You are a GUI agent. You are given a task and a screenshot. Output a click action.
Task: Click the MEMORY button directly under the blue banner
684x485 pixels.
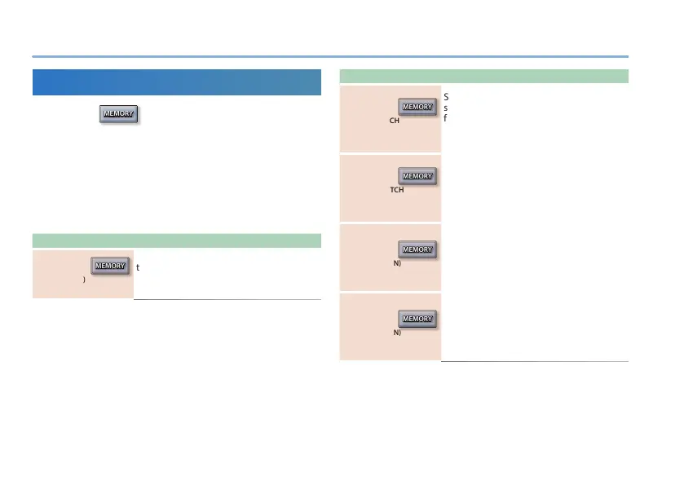pyautogui.click(x=118, y=114)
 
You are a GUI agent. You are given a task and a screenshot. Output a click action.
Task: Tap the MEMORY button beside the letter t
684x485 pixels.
pyautogui.click(x=110, y=266)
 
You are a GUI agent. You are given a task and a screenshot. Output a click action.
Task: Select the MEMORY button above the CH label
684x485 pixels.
pyautogui.click(x=417, y=108)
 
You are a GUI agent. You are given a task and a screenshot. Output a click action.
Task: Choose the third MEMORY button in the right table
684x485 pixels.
pyautogui.click(x=417, y=249)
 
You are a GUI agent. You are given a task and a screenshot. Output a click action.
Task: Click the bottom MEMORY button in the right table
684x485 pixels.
pyautogui.click(x=417, y=319)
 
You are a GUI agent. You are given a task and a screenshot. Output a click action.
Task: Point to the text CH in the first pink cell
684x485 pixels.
pyautogui.click(x=395, y=119)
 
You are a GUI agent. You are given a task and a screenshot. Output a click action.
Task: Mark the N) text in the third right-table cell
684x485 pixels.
pyautogui.click(x=397, y=262)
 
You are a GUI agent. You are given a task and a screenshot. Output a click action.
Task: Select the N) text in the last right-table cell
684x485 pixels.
pyautogui.click(x=397, y=333)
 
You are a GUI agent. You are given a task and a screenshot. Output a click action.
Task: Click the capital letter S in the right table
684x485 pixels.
pyautogui.click(x=447, y=97)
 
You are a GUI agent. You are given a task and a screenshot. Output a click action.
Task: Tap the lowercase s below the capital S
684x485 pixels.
pyautogui.click(x=446, y=108)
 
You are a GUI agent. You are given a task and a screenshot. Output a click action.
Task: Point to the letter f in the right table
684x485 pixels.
pyautogui.click(x=446, y=117)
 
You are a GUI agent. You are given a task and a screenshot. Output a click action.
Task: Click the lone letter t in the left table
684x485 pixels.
pyautogui.click(x=139, y=267)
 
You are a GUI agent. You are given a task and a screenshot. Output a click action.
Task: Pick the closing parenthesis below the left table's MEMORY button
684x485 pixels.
pyautogui.click(x=85, y=280)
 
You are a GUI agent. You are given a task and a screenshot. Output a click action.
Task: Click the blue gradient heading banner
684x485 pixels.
pyautogui.click(x=176, y=82)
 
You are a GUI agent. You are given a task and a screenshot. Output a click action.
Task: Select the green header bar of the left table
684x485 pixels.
pyautogui.click(x=176, y=240)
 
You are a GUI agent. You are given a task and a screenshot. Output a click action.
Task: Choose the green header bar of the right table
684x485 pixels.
pyautogui.click(x=483, y=77)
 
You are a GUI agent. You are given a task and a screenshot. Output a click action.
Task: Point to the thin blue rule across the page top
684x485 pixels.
pyautogui.click(x=330, y=56)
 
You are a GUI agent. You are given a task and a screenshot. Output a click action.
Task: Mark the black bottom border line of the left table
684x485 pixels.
pyautogui.click(x=227, y=300)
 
